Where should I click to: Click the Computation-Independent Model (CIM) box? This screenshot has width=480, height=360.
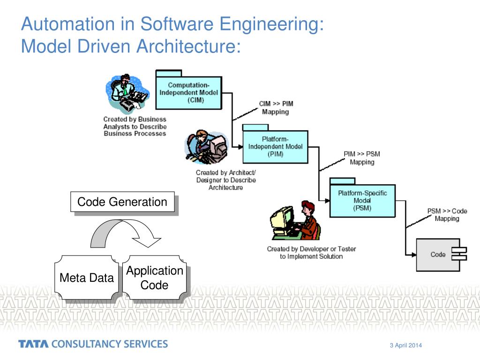(188, 92)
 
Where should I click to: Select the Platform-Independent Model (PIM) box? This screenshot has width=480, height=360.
(275, 147)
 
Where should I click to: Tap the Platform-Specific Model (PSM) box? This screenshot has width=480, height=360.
(362, 201)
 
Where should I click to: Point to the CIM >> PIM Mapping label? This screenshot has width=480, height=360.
(276, 107)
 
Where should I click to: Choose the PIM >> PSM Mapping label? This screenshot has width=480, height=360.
(362, 157)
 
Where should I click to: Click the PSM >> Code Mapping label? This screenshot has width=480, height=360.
(447, 215)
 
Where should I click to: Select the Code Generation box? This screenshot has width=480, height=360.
(122, 202)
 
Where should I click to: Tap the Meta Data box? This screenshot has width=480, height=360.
(87, 277)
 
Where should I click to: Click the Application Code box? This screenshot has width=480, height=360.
(155, 277)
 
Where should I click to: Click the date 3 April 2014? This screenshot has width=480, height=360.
(406, 345)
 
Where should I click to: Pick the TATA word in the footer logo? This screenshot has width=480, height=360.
(33, 344)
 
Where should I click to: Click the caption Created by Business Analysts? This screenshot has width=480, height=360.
(135, 127)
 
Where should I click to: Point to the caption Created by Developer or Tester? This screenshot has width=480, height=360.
(311, 253)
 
